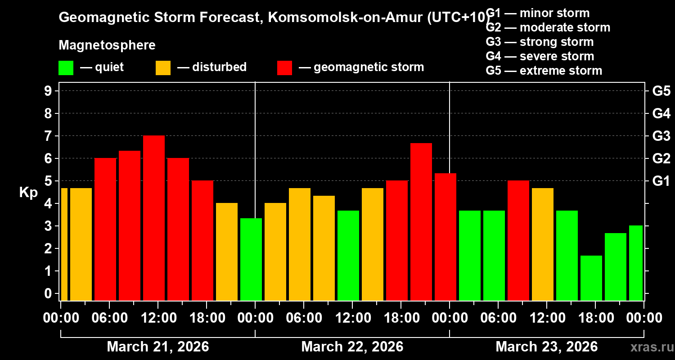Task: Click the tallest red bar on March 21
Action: coord(154,218)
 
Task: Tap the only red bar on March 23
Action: coord(518,240)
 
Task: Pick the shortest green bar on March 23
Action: coord(591,278)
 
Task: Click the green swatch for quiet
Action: coord(66,68)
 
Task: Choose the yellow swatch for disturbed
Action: coord(163,68)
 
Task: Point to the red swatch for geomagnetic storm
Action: coord(284,68)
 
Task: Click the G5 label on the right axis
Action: coord(661,91)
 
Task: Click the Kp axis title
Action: coord(28,193)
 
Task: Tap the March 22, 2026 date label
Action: coord(352,347)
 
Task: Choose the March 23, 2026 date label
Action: coord(546,347)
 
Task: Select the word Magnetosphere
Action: coord(107,45)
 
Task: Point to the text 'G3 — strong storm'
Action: coord(540,42)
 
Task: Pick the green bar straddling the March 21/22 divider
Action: coord(251,259)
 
